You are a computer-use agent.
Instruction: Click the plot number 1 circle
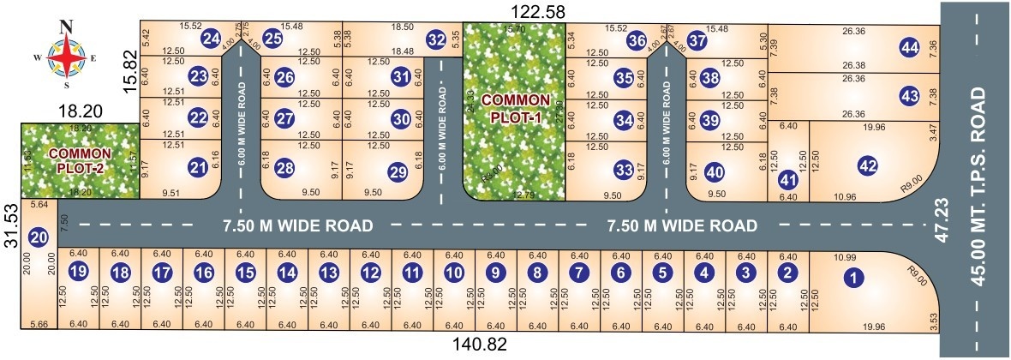click(852, 277)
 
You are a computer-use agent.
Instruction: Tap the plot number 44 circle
click(909, 48)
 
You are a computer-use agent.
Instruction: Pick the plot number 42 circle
click(868, 166)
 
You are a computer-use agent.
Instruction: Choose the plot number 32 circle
click(436, 39)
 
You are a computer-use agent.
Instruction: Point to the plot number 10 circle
click(453, 273)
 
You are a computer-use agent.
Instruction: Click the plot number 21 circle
click(199, 169)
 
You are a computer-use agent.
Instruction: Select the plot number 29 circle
click(397, 171)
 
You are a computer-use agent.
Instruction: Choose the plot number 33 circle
click(624, 170)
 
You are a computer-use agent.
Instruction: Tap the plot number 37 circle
click(698, 39)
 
